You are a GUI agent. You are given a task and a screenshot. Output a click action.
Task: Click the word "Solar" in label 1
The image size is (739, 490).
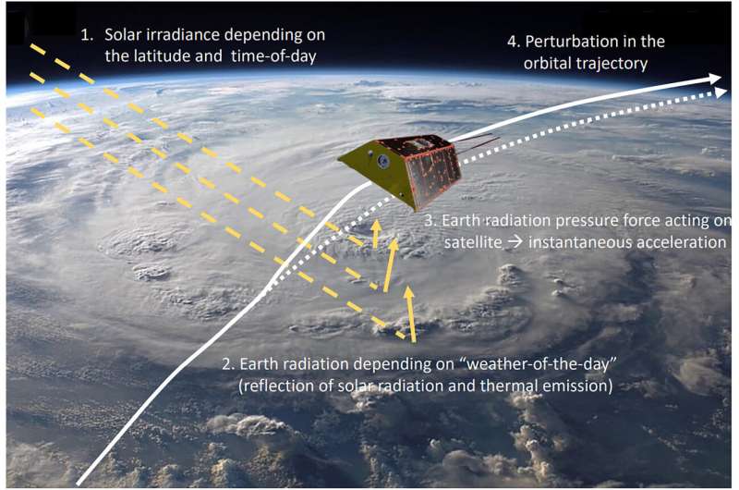(122, 34)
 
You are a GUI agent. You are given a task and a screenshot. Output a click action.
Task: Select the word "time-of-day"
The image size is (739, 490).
(273, 56)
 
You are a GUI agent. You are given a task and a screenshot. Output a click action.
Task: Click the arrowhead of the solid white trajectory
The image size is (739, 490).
(713, 80)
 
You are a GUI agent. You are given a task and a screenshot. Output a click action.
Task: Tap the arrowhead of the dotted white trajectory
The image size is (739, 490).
(720, 92)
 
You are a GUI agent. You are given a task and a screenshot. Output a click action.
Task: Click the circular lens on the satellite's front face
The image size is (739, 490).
(383, 161)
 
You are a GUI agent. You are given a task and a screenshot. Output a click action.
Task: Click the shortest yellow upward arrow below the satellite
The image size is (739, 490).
(376, 234)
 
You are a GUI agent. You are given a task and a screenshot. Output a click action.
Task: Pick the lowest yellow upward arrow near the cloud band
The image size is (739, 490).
(410, 314)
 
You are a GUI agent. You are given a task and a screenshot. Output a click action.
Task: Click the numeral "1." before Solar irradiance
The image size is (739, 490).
(87, 35)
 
